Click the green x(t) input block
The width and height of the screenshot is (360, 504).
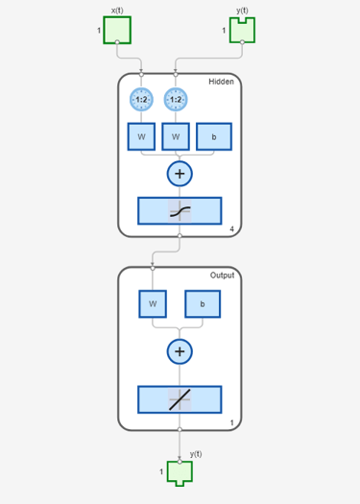117,30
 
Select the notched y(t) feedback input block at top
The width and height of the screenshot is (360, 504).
242,31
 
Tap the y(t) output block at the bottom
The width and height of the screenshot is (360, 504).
180,473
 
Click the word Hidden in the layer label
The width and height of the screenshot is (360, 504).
221,82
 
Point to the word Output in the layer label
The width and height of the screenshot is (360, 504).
222,276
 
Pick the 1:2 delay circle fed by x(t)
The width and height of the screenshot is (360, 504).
141,100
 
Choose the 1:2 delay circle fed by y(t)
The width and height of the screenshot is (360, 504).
176,100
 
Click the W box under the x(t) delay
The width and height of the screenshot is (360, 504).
141,136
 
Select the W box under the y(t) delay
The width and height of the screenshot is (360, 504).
176,136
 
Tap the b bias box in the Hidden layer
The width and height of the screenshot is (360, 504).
214,136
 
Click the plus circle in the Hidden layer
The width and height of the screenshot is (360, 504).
180,174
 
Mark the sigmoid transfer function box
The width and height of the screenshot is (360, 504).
180,211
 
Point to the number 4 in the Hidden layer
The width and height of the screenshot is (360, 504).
231,228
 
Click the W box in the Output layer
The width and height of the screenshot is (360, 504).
153,304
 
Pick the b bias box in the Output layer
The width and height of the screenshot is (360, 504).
203,304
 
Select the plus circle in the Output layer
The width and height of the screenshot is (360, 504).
180,351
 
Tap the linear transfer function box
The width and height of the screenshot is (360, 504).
180,399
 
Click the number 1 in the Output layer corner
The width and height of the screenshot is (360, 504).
232,423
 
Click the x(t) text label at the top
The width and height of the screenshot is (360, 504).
117,11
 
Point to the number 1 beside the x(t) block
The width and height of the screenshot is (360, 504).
99,31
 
